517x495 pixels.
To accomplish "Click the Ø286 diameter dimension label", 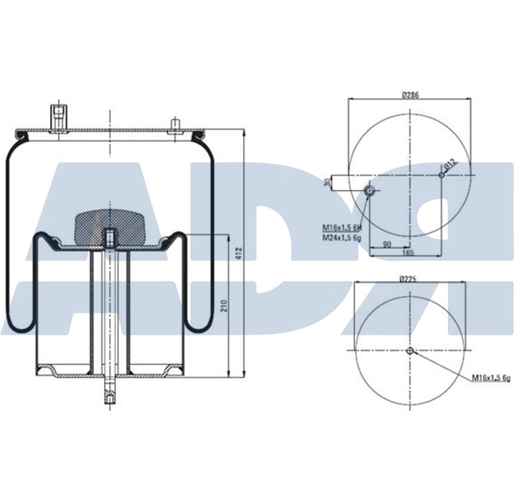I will pyautogui.click(x=410, y=95).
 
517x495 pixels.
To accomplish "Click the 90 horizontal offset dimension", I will pyautogui.click(x=387, y=244).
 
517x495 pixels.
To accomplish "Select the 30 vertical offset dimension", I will pyautogui.click(x=328, y=183).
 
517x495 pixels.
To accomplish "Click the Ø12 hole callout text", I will pyautogui.click(x=449, y=164).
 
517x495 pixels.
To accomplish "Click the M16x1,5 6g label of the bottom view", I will pyautogui.click(x=490, y=377).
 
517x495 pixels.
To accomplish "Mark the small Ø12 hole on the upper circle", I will pyautogui.click(x=441, y=176).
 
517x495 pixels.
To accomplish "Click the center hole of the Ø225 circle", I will pyautogui.click(x=409, y=352).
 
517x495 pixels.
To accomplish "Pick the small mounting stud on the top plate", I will pyautogui.click(x=172, y=123).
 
